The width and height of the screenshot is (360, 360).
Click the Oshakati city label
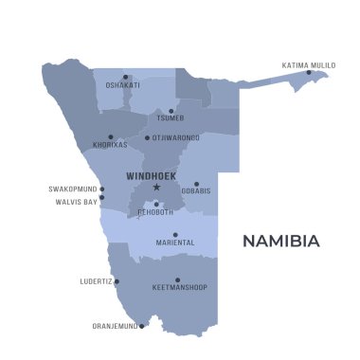click(123, 85)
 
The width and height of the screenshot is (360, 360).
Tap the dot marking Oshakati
click(125, 77)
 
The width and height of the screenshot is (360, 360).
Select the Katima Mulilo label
click(309, 64)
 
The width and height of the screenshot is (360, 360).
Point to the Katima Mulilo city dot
click(309, 72)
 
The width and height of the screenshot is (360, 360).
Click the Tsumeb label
click(171, 118)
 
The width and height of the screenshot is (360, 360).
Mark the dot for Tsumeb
click(171, 111)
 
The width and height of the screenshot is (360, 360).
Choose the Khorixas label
click(110, 145)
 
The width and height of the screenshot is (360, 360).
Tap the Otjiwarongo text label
click(176, 137)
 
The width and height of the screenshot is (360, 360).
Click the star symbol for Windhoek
click(156, 187)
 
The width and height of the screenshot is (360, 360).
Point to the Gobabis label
click(195, 191)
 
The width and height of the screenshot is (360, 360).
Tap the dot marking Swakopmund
click(101, 189)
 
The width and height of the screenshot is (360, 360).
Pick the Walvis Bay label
click(76, 201)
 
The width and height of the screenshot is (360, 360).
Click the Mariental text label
click(175, 243)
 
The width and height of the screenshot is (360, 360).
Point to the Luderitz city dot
click(117, 281)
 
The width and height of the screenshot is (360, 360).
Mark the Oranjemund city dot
click(142, 325)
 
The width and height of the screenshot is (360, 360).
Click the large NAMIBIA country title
click(281, 241)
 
